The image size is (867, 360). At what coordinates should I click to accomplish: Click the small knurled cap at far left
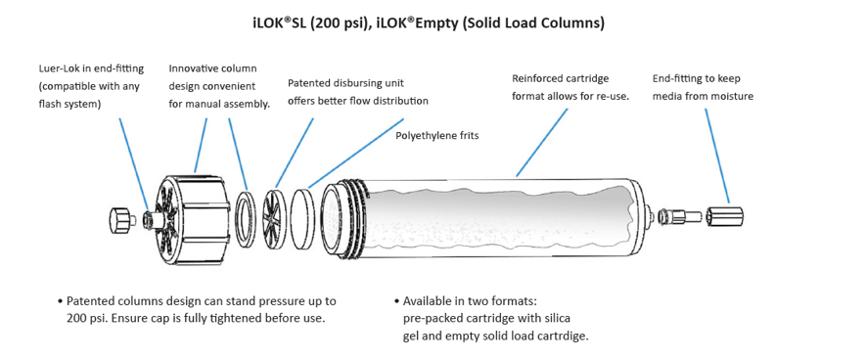click(122, 219)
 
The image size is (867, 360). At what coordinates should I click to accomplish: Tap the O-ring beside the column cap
click(246, 216)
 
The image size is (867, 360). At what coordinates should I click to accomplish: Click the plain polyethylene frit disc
click(303, 216)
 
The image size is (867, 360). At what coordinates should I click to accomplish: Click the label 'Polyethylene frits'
click(436, 135)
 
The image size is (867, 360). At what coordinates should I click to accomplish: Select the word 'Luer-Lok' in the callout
click(57, 69)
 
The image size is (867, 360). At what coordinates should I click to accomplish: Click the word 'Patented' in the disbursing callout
click(307, 83)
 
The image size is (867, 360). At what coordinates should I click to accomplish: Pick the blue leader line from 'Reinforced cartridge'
click(542, 143)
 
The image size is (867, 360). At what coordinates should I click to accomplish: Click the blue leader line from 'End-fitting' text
click(717, 156)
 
